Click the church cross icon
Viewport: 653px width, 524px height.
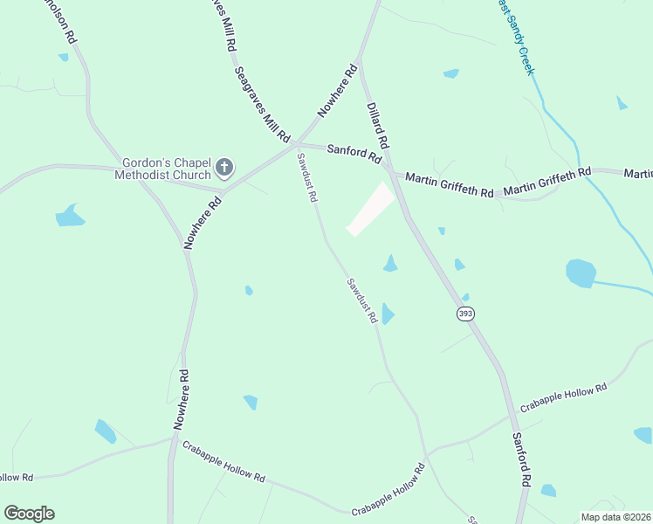click(x=224, y=168)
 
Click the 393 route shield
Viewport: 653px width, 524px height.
click(x=464, y=313)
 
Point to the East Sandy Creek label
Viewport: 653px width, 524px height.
click(x=515, y=37)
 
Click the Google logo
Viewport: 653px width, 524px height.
click(x=29, y=514)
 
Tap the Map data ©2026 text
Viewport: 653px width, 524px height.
click(x=615, y=517)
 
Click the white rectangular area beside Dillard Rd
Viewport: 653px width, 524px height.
click(x=371, y=210)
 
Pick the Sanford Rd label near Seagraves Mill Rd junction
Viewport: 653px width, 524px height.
click(x=354, y=154)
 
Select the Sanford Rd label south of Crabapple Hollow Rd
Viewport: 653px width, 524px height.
click(x=522, y=459)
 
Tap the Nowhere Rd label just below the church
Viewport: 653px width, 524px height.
click(x=203, y=223)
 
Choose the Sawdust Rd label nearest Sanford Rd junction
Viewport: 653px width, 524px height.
click(x=306, y=178)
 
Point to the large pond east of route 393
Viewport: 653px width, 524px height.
click(x=580, y=272)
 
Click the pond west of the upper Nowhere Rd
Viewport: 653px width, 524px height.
click(x=70, y=215)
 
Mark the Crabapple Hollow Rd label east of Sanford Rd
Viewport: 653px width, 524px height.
click(x=563, y=398)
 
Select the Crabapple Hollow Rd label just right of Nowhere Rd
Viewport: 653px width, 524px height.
click(x=223, y=463)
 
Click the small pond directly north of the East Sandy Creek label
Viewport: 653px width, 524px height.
click(x=450, y=73)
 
